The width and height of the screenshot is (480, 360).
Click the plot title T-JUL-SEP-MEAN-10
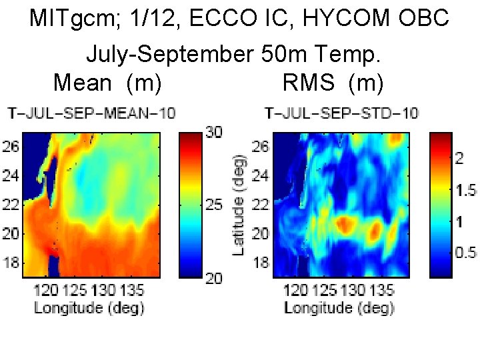pos(91,113)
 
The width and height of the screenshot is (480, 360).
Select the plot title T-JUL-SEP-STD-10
pos(341,113)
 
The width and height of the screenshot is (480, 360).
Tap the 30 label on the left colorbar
pos(213,133)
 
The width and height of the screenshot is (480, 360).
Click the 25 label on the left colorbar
pos(213,205)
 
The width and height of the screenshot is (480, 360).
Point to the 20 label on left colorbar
pos(213,278)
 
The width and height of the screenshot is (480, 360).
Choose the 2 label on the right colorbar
pos(459,158)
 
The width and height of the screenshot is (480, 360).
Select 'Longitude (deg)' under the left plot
pos(89,307)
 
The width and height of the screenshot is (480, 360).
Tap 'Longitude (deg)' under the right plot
pos(339,307)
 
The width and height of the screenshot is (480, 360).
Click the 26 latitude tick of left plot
pos(12,146)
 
